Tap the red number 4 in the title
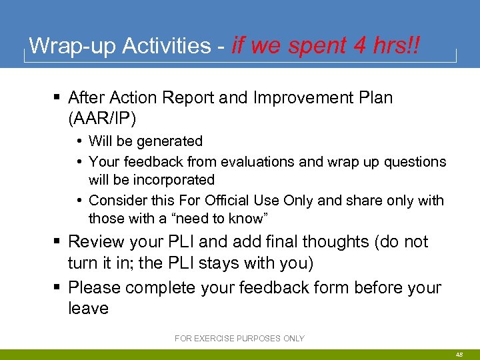pos(361,46)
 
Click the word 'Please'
pos(94,288)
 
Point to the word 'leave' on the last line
pos(88,308)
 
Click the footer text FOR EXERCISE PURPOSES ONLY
pos(239,339)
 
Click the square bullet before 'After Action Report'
pos(58,98)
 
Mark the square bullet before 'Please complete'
pos(58,288)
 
